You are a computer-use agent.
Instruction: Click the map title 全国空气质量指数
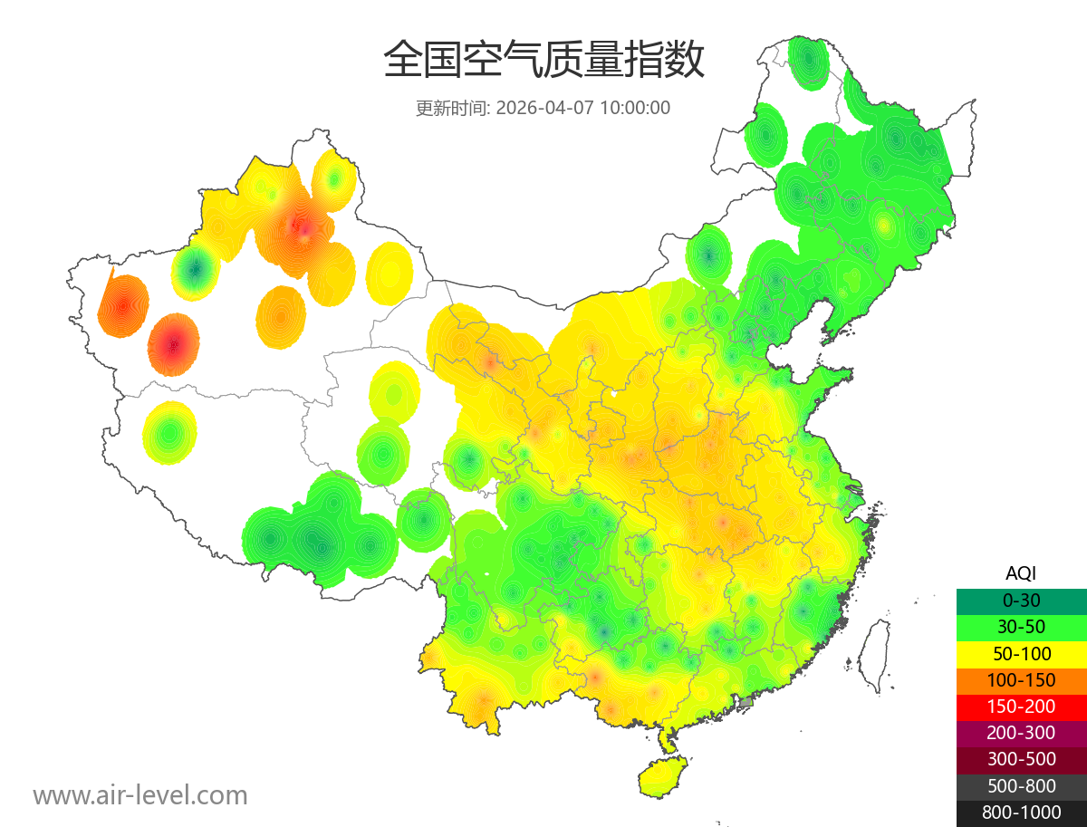pos(543,61)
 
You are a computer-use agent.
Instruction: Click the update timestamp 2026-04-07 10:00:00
pos(583,108)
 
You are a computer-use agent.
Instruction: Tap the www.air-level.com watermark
pos(140,795)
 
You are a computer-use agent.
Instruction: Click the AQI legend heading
pos(1021,573)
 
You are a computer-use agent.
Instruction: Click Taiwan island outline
pos(873,654)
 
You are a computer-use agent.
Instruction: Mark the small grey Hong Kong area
pos(746,702)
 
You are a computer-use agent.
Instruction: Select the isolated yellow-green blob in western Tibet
pos(169,433)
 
